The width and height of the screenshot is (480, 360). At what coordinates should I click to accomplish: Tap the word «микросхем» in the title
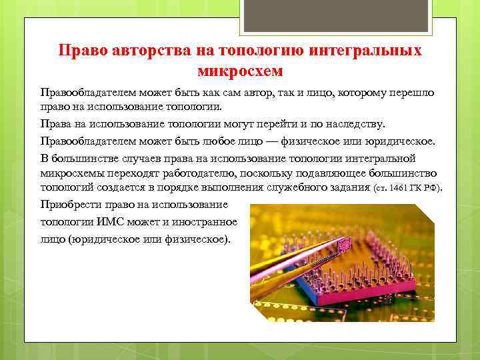240,69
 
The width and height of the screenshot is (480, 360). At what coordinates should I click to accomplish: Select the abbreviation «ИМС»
121,221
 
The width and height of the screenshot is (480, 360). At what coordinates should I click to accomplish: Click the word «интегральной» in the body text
383,158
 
